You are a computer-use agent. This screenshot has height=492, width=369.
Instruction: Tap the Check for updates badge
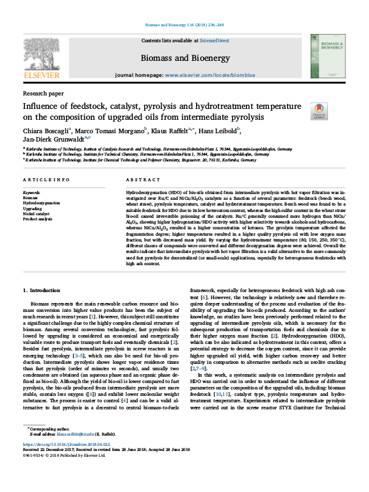(318, 110)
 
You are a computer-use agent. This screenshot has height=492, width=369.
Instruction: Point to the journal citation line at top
(184, 26)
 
